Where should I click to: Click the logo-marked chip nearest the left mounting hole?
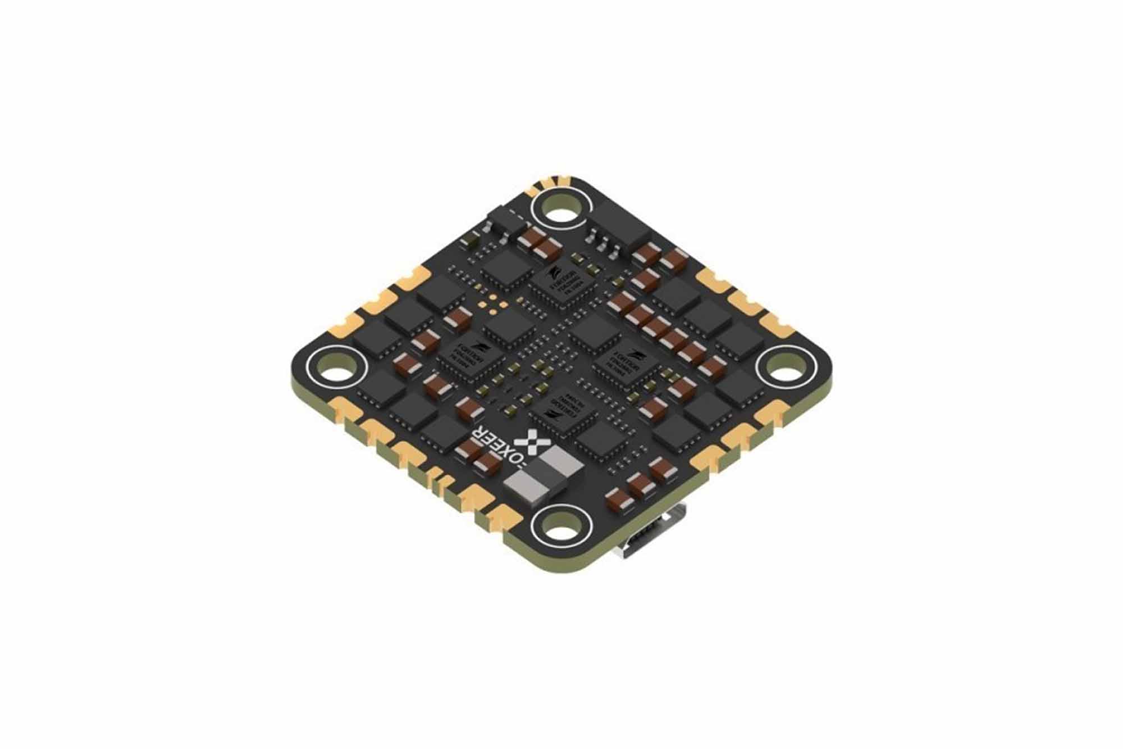coord(471,358)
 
